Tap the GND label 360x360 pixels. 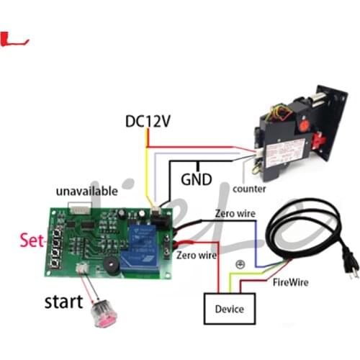pyautogui.click(x=196, y=179)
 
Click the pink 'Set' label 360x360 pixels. pyautogui.click(x=32, y=240)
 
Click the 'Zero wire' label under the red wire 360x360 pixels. pyautogui.click(x=197, y=255)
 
